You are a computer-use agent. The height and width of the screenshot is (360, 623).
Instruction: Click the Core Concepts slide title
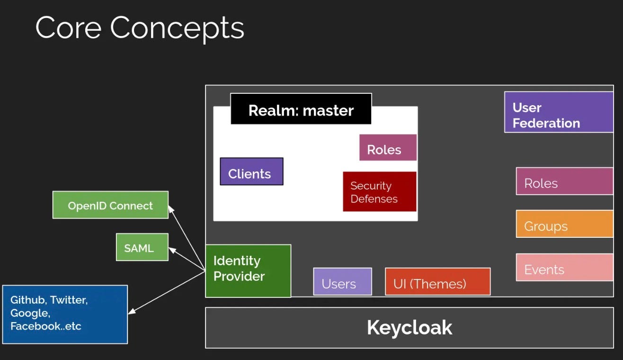click(140, 28)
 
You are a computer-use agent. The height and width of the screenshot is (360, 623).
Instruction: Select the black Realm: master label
click(301, 110)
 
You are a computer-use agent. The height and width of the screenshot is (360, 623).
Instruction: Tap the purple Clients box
click(251, 172)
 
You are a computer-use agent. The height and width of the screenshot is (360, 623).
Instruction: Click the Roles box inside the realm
click(388, 148)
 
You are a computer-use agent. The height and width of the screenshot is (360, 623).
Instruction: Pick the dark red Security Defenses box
click(379, 191)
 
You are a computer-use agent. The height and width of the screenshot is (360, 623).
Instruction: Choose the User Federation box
click(559, 112)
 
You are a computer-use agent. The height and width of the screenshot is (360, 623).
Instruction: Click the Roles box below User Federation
click(564, 181)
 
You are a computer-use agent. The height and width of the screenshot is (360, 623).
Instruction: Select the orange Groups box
click(564, 224)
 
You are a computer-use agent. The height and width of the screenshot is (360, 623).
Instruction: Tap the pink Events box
click(564, 268)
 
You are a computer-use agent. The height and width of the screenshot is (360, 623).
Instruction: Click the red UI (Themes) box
click(437, 282)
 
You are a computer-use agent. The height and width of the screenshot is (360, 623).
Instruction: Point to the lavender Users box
click(342, 282)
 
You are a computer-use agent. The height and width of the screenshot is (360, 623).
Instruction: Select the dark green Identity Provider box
click(248, 271)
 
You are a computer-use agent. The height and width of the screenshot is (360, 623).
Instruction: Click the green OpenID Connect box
click(110, 205)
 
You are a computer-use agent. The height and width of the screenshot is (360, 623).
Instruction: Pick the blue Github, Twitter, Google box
click(65, 314)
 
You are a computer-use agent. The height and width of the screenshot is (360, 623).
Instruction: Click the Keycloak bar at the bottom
click(409, 328)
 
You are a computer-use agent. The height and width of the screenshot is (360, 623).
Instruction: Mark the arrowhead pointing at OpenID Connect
click(171, 208)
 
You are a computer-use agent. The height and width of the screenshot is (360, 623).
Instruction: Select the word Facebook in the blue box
click(31, 326)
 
